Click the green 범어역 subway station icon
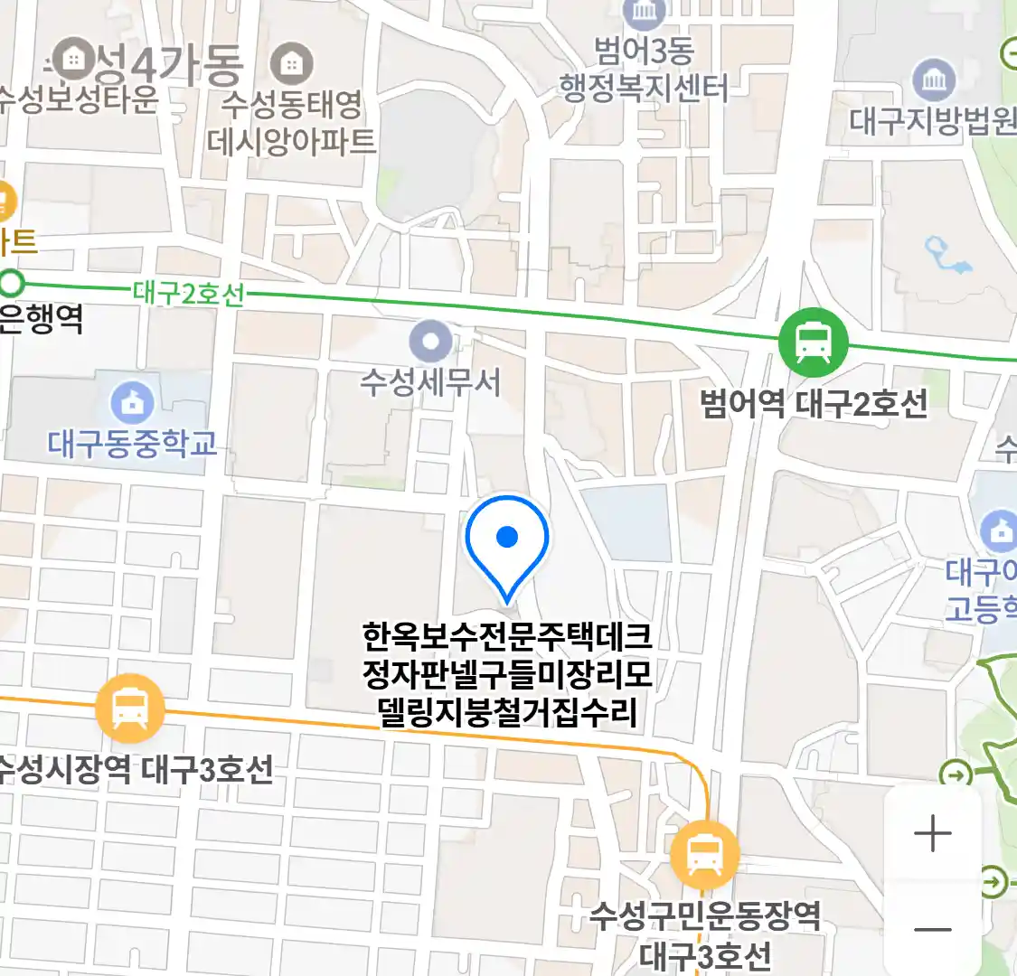[814, 343]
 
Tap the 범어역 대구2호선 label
[814, 403]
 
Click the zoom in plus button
[932, 833]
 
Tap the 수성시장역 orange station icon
[130, 709]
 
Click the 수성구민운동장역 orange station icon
[704, 853]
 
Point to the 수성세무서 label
[430, 382]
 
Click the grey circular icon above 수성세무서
[431, 343]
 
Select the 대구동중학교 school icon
[133, 404]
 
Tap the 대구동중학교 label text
[133, 444]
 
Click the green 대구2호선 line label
[188, 294]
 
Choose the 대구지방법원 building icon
[934, 80]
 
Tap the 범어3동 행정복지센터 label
[644, 70]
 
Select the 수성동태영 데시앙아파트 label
[291, 122]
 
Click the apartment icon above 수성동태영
[291, 64]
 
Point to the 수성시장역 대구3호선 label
[136, 770]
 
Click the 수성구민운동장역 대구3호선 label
[705, 934]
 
